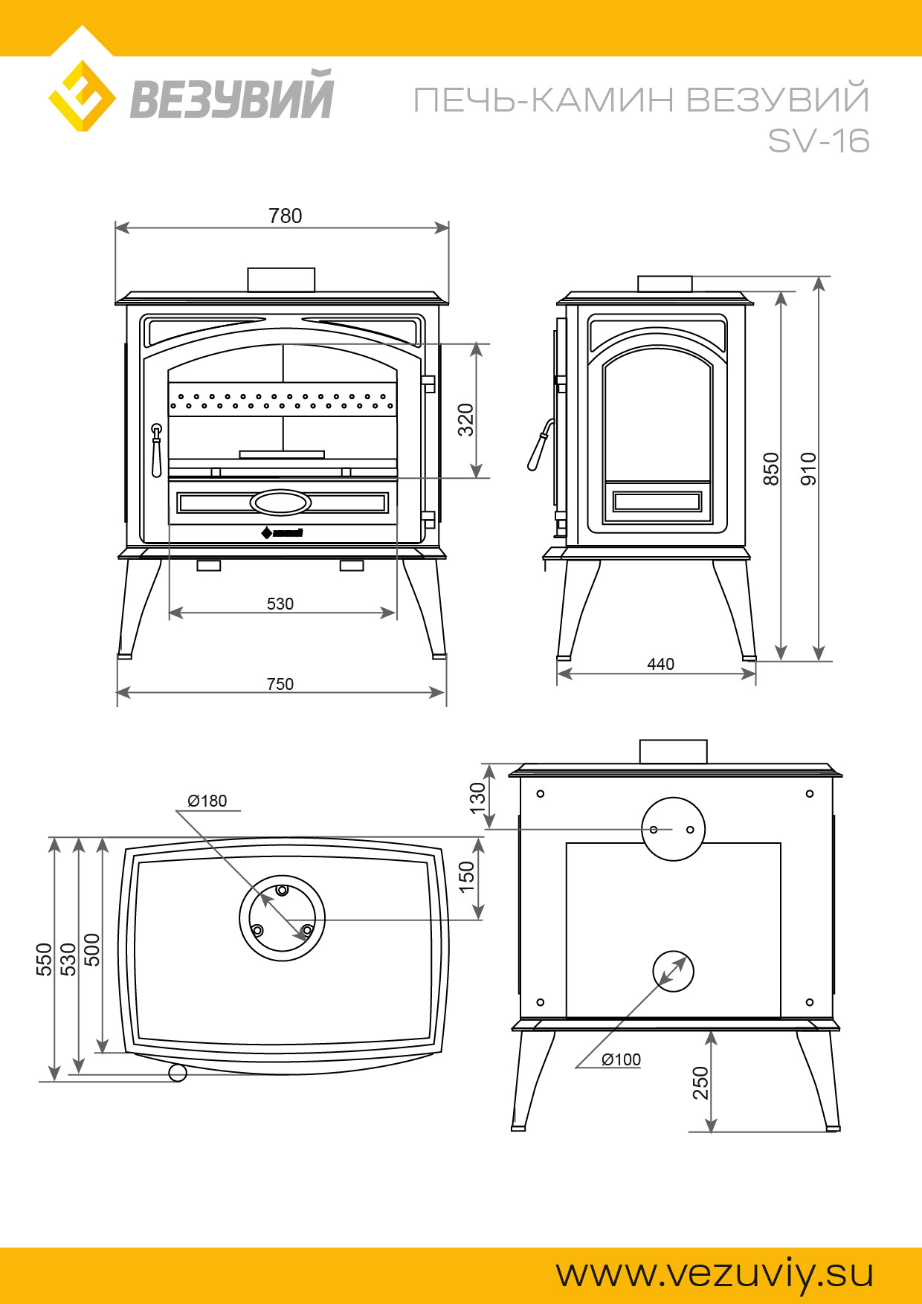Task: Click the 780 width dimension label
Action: point(286,216)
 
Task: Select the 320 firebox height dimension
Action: point(465,419)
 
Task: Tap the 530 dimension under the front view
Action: point(280,604)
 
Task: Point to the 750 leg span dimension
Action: point(280,684)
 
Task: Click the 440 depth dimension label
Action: point(661,664)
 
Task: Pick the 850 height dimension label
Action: point(772,469)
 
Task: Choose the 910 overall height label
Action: point(809,469)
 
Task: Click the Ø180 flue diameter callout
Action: point(207,801)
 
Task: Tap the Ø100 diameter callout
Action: point(621,1059)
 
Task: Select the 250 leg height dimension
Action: point(700,1083)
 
